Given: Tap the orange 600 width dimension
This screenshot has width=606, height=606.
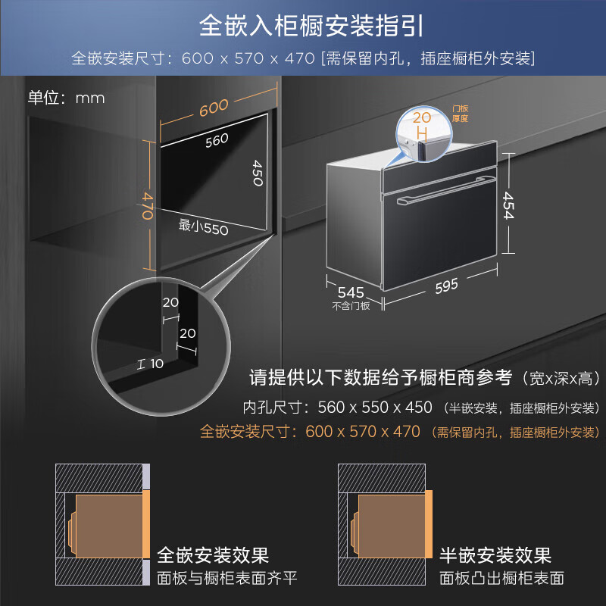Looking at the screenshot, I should pos(214,108).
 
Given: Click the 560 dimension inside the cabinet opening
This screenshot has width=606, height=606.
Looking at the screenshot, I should pos(216,139).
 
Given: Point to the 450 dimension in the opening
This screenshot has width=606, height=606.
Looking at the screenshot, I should pos(258,176).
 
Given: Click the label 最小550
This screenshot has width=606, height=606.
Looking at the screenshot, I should pos(203,226).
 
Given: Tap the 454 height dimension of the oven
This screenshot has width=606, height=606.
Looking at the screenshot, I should pos(507,204).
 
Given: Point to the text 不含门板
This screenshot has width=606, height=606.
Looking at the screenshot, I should pos(351,307).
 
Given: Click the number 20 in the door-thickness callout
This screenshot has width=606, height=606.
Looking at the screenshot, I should pos(423,117).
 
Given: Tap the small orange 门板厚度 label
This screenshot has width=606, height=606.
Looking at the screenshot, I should pos(460,114).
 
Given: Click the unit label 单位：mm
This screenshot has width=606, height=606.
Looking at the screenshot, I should pos(67,98).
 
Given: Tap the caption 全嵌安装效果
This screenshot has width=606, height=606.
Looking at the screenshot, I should pos(213,557).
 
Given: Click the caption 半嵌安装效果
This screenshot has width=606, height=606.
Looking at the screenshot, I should pos(495,557).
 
